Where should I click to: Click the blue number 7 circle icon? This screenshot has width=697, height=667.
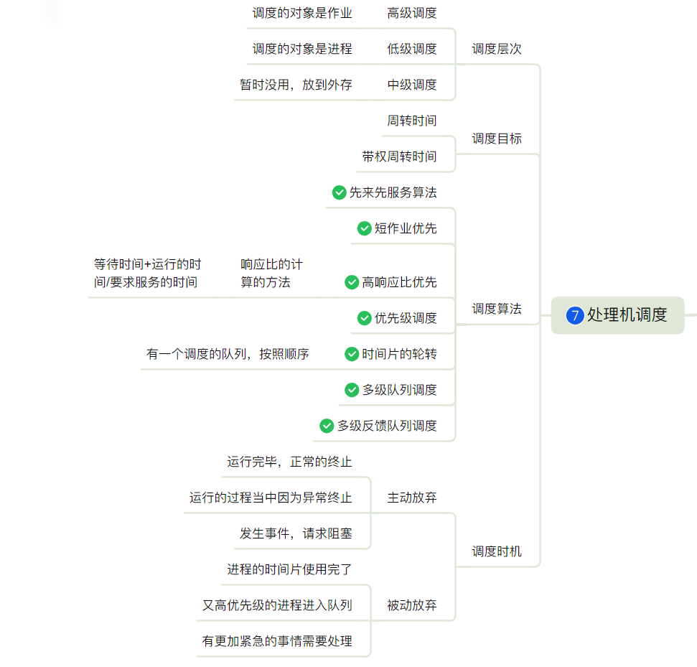pos(574,315)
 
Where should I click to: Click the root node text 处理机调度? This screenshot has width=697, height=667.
pos(627,315)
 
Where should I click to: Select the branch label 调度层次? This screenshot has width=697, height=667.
pos(497,49)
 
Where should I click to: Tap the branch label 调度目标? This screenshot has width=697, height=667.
pos(497,139)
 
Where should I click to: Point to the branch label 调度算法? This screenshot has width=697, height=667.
pos(497,309)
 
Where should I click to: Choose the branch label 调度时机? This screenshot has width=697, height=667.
pos(497,551)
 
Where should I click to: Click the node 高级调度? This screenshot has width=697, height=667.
pos(412,13)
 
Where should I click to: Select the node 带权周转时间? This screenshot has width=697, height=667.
pos(399,157)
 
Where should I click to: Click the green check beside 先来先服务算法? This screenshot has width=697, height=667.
pos(340,192)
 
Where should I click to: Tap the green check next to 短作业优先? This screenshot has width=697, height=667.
pos(365,228)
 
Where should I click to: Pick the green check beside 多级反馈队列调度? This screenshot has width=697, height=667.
pos(327,426)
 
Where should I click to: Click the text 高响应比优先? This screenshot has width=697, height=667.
pos(399,282)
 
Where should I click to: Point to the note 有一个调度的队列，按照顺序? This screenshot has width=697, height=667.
pos(228,354)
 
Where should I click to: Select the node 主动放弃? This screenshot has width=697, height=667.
pos(412,498)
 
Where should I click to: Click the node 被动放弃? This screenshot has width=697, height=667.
pos(412,605)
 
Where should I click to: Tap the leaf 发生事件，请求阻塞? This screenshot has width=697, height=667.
pos(296,533)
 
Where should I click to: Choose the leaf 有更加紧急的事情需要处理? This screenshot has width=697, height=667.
pos(277,641)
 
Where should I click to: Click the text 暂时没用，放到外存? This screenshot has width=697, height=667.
pos(296,85)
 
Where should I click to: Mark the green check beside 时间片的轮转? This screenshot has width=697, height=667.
pos(352,354)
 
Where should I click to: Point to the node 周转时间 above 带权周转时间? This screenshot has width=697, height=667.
pos(412,121)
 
